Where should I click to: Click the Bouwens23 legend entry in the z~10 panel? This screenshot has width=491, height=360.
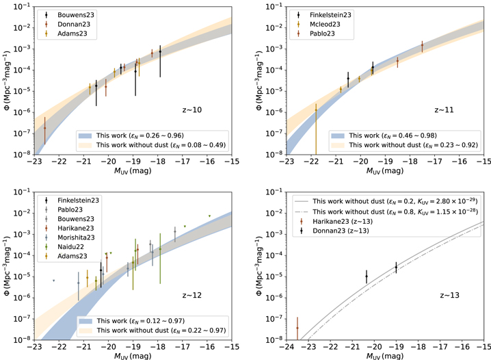(71, 14)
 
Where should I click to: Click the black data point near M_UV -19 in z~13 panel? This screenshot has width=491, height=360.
(396, 268)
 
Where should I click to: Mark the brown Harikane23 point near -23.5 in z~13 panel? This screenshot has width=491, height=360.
(297, 328)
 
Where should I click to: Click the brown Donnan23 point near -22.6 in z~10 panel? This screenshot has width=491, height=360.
(45, 127)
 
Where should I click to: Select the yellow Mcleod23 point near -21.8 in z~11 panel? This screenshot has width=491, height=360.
(316, 110)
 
